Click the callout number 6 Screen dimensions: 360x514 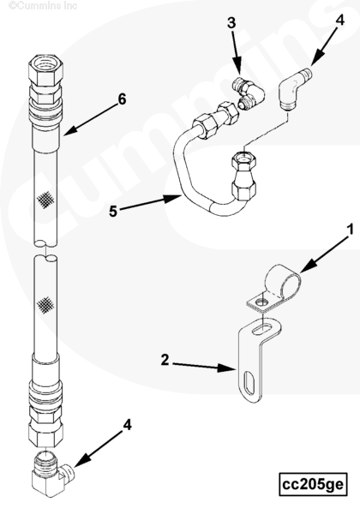pos(122,99)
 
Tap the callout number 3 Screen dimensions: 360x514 pos(231,23)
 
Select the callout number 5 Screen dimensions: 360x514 pos(113,212)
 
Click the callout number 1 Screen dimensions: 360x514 pos(351,230)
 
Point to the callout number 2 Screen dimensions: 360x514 pos(165,360)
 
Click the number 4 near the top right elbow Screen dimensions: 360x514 pos(340,20)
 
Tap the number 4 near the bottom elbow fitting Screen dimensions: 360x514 pos(127,425)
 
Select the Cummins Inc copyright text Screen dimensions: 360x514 pos(43,5)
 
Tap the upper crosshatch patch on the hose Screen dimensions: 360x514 pos(45,200)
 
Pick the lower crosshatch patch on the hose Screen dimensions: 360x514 pos(45,305)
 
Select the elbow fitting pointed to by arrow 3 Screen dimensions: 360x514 pos(249,92)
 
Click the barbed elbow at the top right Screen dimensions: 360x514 pos(294,87)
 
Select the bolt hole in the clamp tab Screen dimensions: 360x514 pos(261,301)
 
